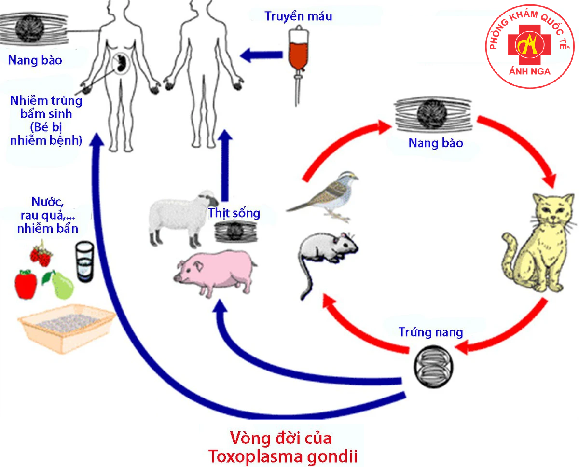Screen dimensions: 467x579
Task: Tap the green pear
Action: (x=62, y=285)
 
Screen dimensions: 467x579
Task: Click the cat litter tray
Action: (x=65, y=328)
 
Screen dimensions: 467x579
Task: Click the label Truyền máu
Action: (x=299, y=16)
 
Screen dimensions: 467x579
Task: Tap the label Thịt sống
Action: (x=234, y=213)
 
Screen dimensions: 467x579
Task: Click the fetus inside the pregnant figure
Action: (x=121, y=63)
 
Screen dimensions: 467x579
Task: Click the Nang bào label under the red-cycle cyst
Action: (x=435, y=143)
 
